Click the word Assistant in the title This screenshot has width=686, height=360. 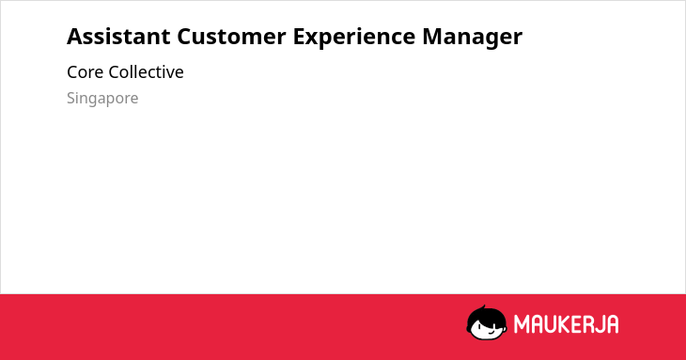tap(118, 37)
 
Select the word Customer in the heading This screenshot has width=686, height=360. tap(231, 37)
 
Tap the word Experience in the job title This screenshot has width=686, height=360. tap(354, 38)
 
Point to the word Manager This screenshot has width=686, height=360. tap(473, 38)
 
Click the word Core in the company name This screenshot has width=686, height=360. tap(85, 72)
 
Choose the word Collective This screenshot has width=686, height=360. tap(146, 72)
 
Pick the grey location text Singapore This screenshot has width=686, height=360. tap(102, 99)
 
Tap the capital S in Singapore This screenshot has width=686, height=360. tap(71, 98)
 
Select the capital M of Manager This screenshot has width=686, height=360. tap(432, 37)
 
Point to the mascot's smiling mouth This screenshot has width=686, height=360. tap(491, 333)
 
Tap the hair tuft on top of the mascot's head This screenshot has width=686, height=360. tap(483, 307)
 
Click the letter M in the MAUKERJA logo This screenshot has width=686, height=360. tap(521, 324)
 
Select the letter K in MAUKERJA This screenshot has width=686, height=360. tap(564, 324)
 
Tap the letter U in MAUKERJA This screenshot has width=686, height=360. tap(550, 324)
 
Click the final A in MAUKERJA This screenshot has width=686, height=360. tap(612, 324)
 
